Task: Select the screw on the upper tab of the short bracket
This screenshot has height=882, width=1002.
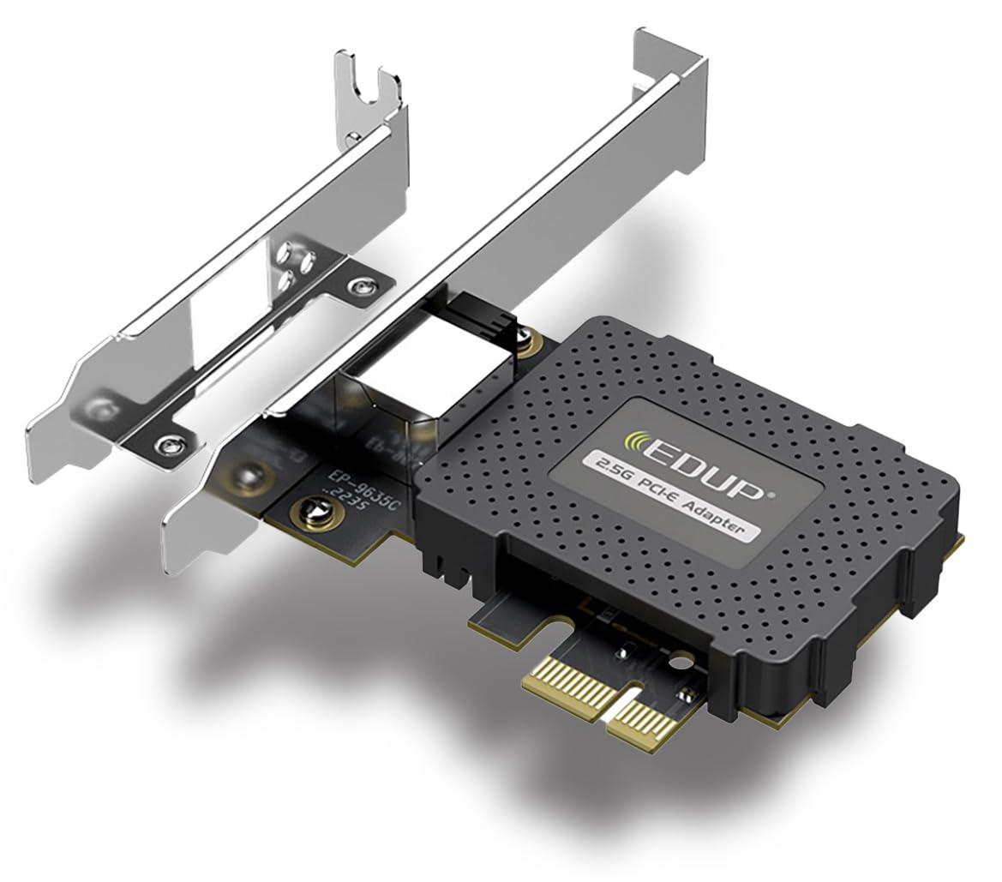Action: [367, 283]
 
